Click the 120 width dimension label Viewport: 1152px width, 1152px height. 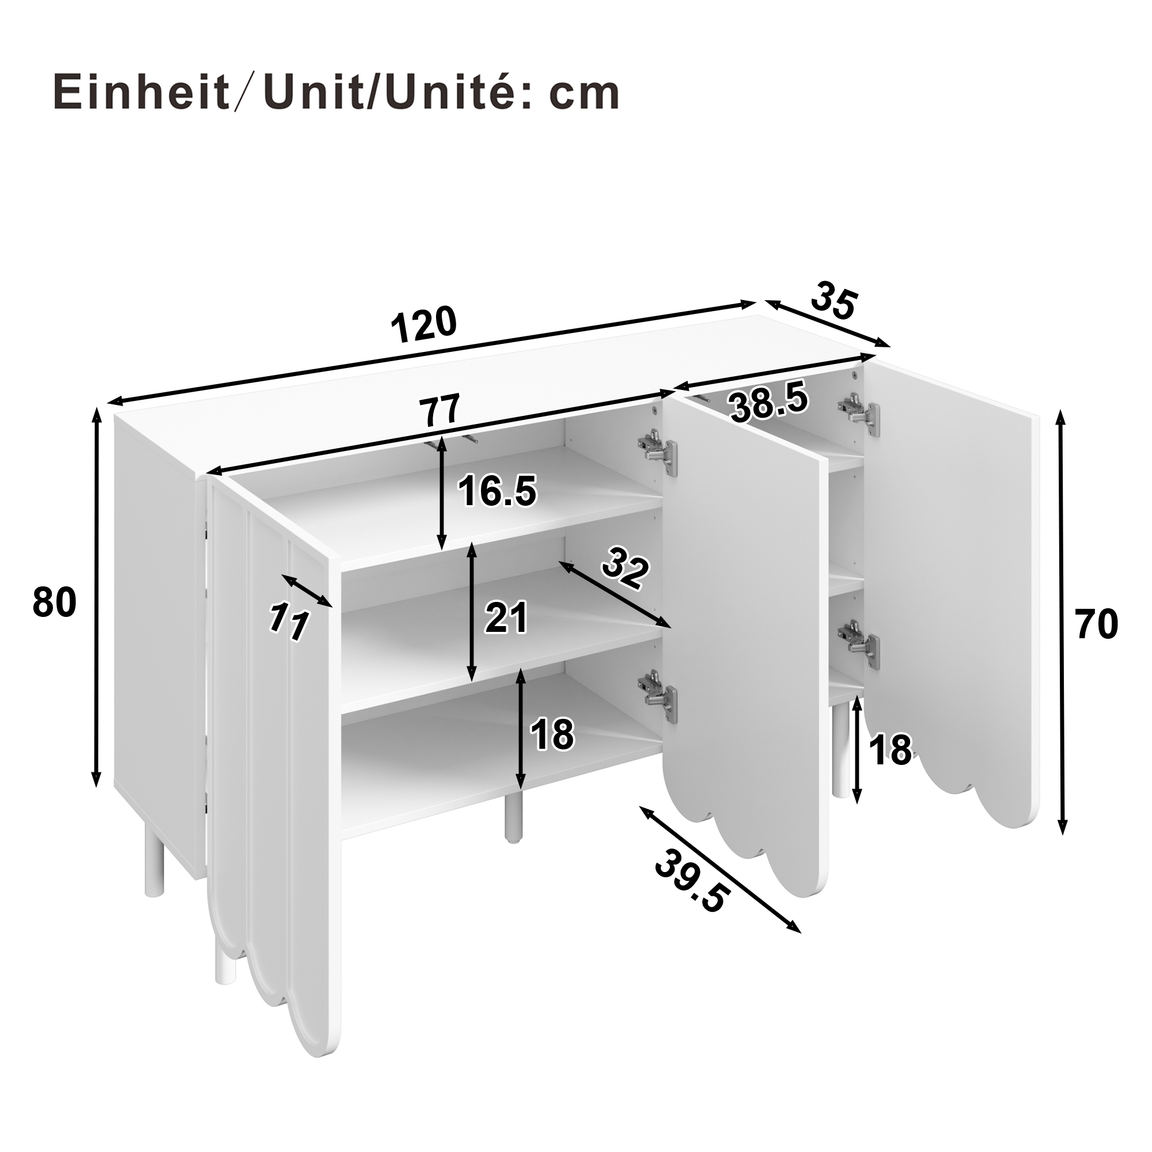(424, 325)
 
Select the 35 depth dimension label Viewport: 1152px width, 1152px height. (835, 302)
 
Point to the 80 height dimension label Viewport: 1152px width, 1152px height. (54, 602)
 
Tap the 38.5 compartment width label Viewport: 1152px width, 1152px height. (769, 403)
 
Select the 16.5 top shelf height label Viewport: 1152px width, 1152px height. (497, 491)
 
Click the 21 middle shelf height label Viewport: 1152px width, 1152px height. (506, 617)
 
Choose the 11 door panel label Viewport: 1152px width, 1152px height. (289, 622)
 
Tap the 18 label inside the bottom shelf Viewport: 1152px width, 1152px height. (552, 734)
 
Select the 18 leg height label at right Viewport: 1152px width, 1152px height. (891, 749)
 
